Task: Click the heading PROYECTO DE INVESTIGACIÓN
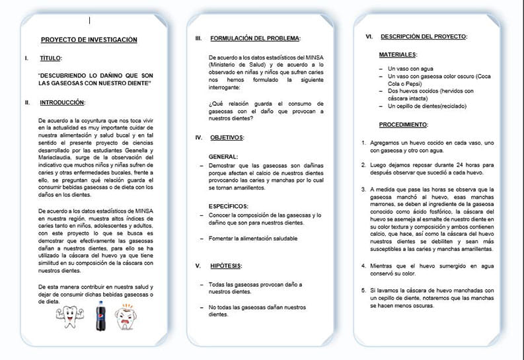(x=89, y=40)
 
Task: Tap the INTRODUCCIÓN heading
(x=62, y=102)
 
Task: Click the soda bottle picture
(x=100, y=315)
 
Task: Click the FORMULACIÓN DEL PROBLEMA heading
(x=255, y=39)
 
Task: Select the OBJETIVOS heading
(x=227, y=137)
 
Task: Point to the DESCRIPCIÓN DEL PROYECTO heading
(x=424, y=36)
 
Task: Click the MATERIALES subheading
(x=398, y=54)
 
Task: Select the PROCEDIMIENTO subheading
(x=403, y=124)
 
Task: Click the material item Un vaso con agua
(x=412, y=69)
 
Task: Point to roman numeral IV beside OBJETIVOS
(x=198, y=137)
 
